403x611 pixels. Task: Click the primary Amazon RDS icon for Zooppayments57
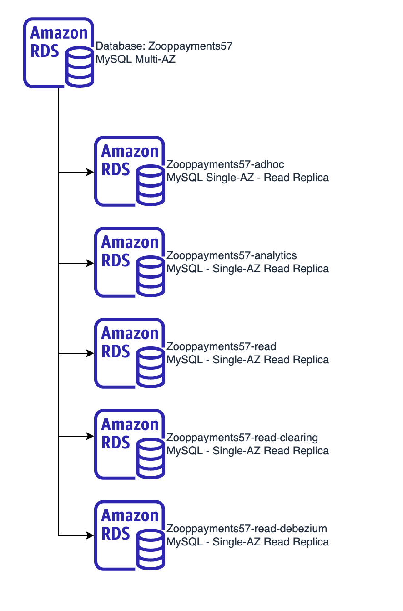tap(58, 52)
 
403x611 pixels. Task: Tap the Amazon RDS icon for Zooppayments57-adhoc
tap(129, 171)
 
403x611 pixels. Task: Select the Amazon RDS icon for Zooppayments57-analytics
tap(129, 262)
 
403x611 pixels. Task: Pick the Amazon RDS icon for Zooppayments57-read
tap(129, 353)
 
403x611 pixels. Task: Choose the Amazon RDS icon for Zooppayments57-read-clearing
tap(129, 444)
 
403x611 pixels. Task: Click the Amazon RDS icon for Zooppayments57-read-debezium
tap(129, 535)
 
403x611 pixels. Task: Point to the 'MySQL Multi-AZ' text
tap(136, 59)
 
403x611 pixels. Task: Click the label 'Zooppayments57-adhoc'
tap(226, 164)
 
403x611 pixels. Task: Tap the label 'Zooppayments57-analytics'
tap(232, 255)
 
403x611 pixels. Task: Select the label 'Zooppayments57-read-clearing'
tap(242, 438)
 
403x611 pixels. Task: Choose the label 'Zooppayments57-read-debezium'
tap(247, 529)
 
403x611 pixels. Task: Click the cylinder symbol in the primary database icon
tap(80, 68)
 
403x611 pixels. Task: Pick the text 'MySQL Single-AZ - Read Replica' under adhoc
tap(247, 177)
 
